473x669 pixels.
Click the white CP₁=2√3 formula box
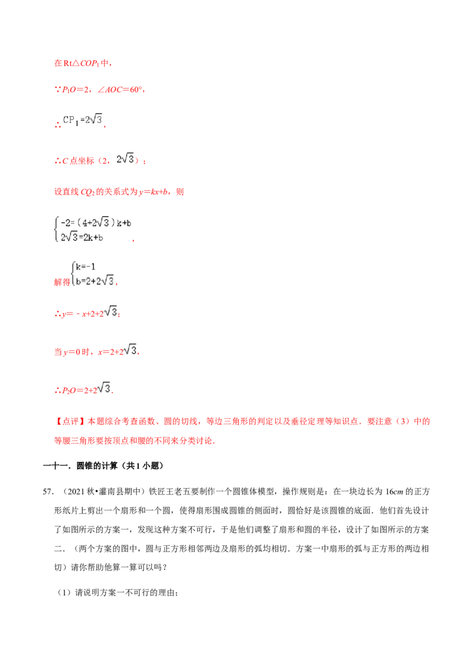[x=83, y=120]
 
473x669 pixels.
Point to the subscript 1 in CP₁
[x=77, y=123]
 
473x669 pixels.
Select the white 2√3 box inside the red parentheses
[x=125, y=158]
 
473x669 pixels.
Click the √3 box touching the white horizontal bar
[x=130, y=350]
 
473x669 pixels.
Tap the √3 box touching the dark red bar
[x=103, y=388]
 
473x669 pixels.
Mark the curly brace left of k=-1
[x=72, y=274]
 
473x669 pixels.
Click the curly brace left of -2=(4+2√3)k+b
[x=56, y=230]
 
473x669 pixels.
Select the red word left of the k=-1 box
[x=61, y=283]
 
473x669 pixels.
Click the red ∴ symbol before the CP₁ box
[x=57, y=125]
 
